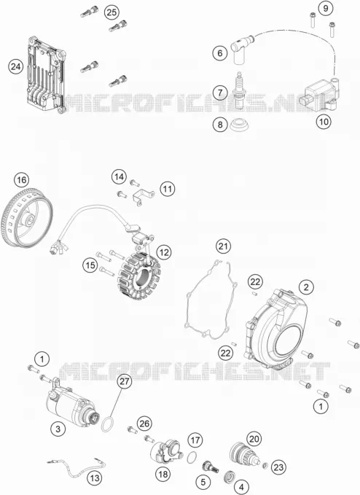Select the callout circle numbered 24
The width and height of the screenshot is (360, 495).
(16, 66)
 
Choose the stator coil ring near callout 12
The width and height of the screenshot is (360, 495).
(138, 275)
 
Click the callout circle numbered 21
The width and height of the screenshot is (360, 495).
(223, 246)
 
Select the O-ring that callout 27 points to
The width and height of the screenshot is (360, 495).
(108, 424)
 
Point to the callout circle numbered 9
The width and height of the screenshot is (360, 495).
(325, 8)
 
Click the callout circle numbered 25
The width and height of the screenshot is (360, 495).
(111, 12)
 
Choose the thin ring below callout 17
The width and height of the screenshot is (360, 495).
(192, 457)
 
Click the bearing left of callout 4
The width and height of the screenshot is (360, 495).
(228, 476)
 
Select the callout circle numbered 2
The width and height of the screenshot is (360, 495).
(306, 287)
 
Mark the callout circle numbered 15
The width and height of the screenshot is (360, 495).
(90, 265)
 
